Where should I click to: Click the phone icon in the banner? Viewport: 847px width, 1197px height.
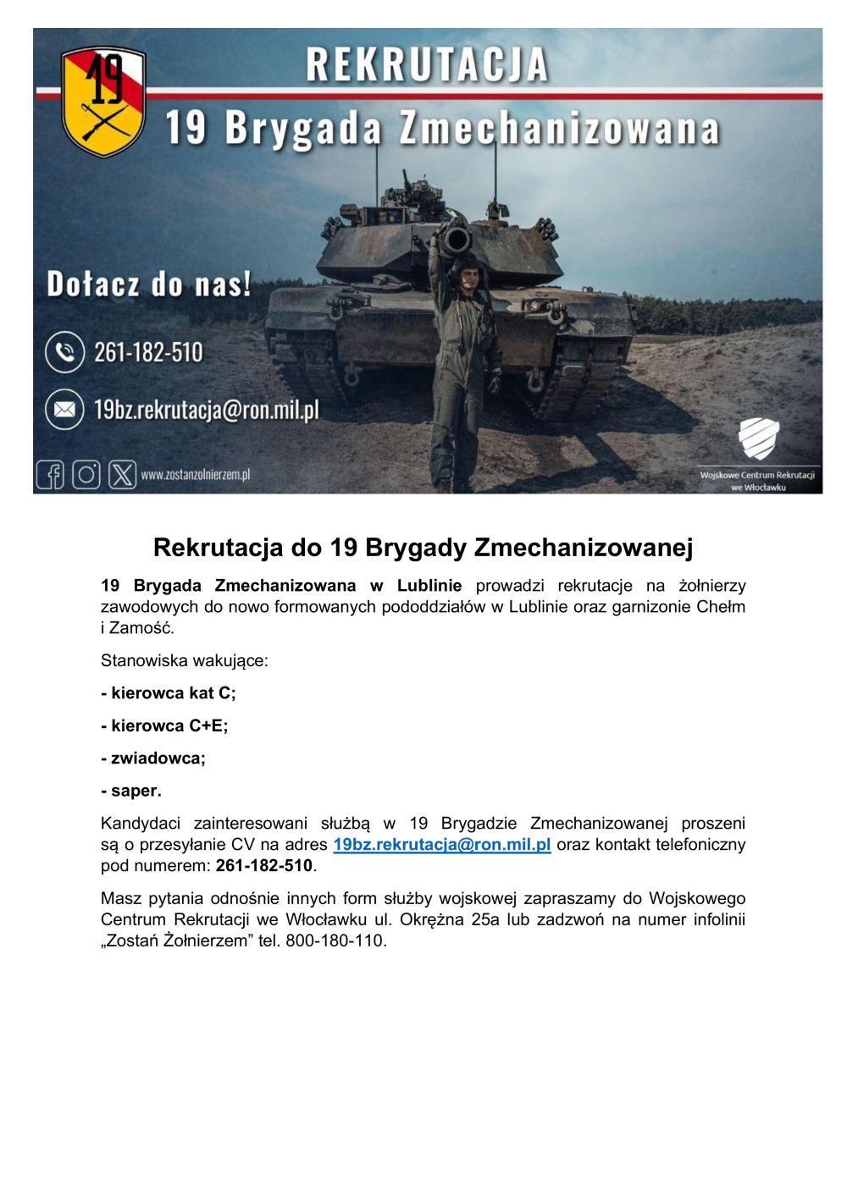(64, 352)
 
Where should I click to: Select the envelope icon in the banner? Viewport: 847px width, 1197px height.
(64, 410)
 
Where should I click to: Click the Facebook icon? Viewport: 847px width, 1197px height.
(50, 475)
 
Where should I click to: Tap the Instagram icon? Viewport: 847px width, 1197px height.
(86, 475)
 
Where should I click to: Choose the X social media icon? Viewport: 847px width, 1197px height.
(122, 475)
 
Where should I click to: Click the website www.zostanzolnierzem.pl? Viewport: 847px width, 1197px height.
(196, 476)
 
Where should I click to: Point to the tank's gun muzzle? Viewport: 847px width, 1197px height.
(455, 240)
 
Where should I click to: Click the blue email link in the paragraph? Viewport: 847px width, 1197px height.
(442, 845)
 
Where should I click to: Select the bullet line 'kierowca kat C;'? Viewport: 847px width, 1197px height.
(168, 693)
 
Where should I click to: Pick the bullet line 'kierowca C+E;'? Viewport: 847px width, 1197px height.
(164, 725)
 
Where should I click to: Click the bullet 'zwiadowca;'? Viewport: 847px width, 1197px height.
(153, 758)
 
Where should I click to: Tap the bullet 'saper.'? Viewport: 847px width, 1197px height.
(131, 791)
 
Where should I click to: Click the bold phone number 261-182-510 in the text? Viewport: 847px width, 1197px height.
(264, 866)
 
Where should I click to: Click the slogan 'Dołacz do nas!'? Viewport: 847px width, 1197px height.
(149, 284)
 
